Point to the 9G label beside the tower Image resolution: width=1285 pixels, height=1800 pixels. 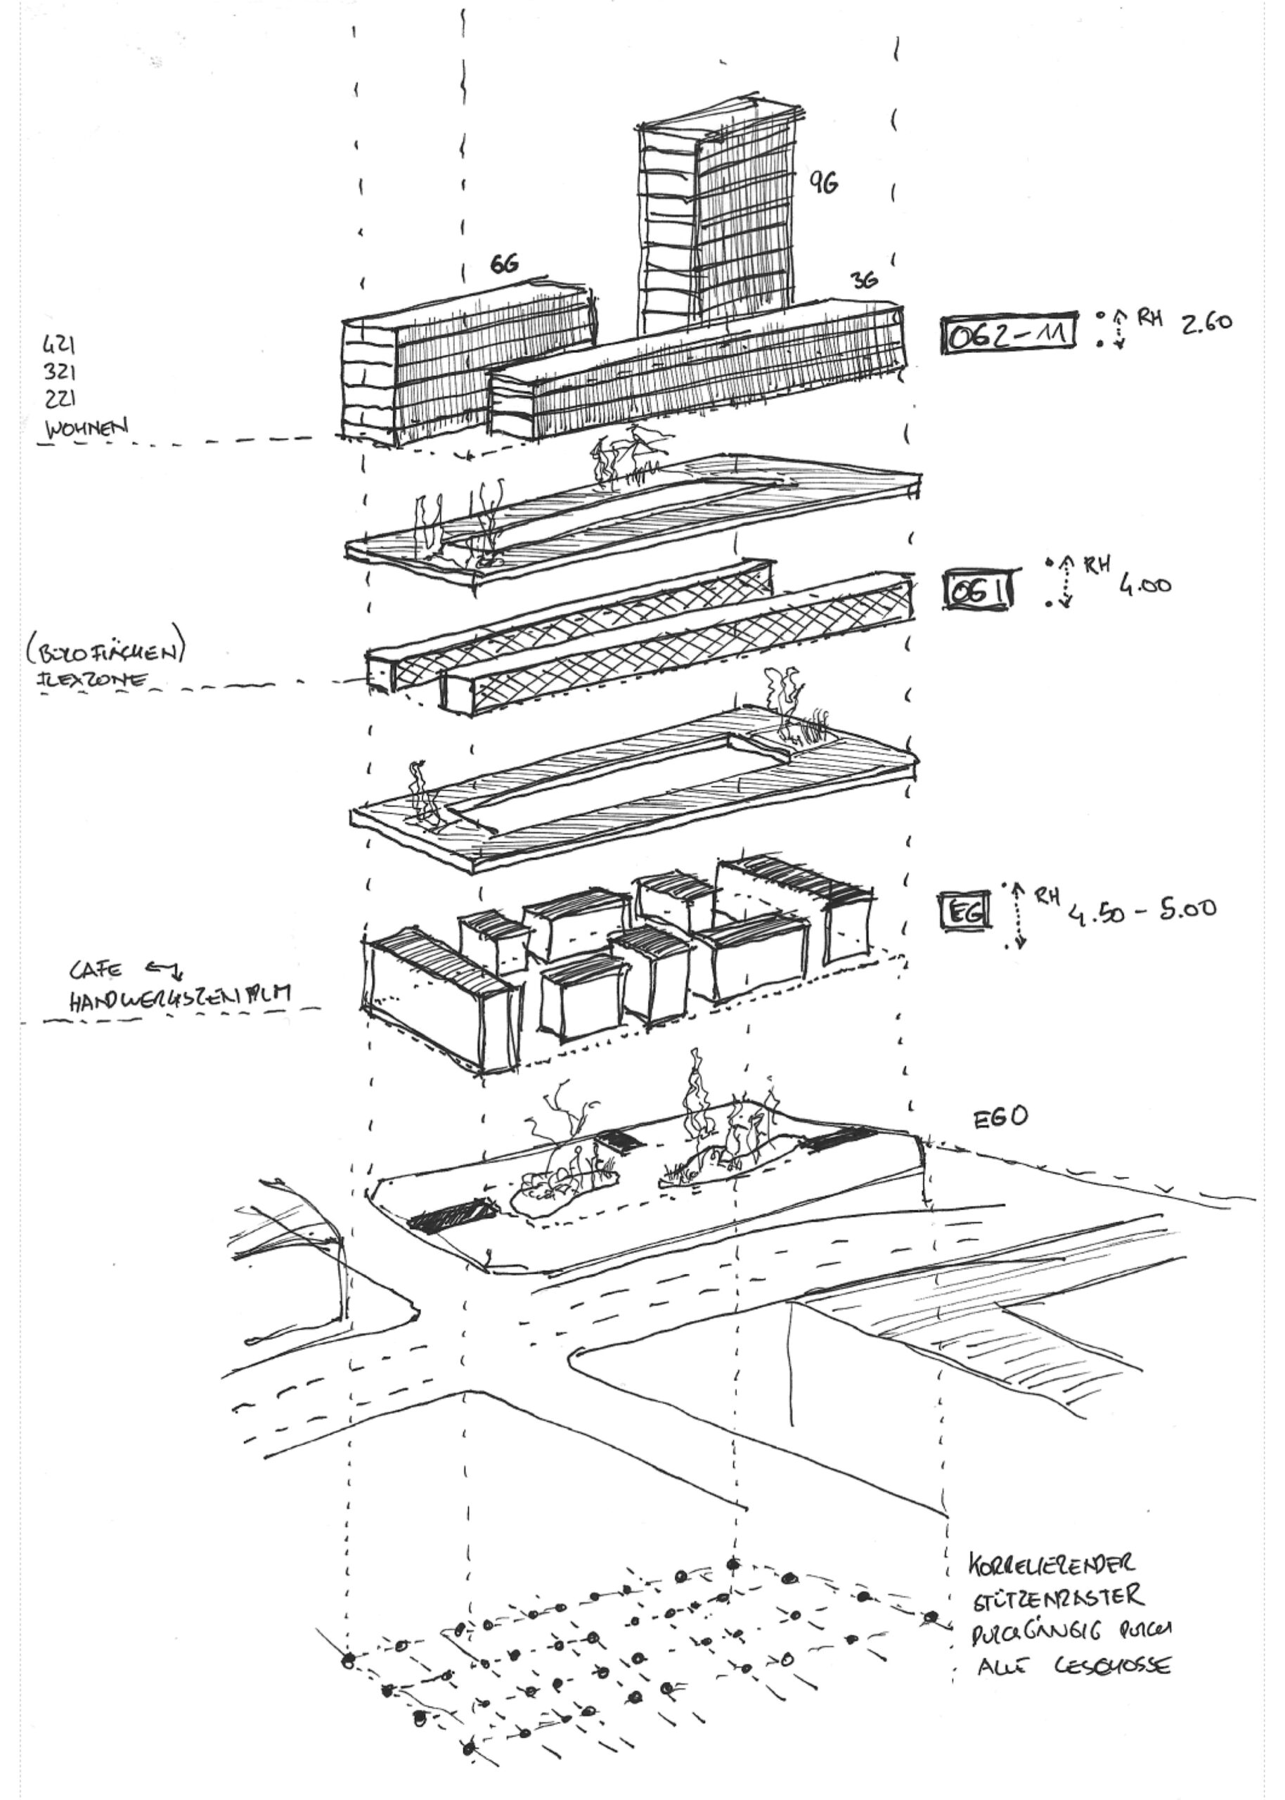(x=823, y=183)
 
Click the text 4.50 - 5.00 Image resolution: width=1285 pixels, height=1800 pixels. (x=1142, y=911)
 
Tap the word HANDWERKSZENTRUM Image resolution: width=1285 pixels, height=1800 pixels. (x=179, y=999)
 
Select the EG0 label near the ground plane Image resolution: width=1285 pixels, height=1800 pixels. (x=1000, y=1117)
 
